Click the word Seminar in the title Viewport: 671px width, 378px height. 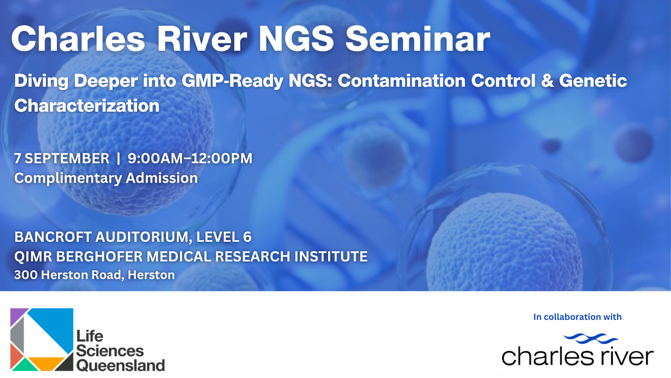tap(418, 39)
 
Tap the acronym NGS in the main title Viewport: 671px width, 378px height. tap(296, 39)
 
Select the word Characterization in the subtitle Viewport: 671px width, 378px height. tap(87, 106)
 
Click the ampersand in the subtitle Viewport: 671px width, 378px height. tap(547, 81)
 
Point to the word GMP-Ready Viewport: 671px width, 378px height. tap(232, 81)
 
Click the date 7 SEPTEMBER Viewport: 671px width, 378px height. tap(62, 158)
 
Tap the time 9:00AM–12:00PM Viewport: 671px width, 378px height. tap(190, 158)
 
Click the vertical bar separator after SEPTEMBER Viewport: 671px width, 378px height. tap(119, 158)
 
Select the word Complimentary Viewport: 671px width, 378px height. tap(68, 178)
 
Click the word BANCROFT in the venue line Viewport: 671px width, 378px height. tap(53, 237)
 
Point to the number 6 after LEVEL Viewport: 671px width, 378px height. tap(247, 237)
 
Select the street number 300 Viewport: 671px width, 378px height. tap(26, 275)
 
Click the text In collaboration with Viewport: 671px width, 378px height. tap(577, 317)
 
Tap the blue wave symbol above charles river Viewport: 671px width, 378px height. tap(591, 338)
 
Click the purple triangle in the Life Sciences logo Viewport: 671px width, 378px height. tap(17, 315)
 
